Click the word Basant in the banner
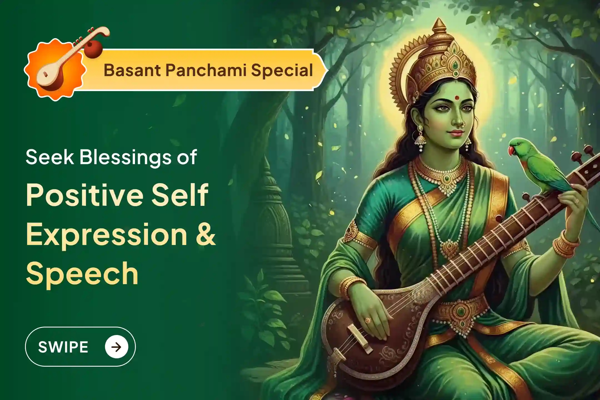pyautogui.click(x=132, y=70)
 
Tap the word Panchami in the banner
pyautogui.click(x=206, y=70)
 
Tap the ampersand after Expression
pyautogui.click(x=206, y=235)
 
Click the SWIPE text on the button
pyautogui.click(x=63, y=347)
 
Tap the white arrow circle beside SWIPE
pyautogui.click(x=116, y=347)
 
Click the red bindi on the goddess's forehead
pyautogui.click(x=457, y=98)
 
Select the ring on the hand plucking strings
pyautogui.click(x=368, y=321)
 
